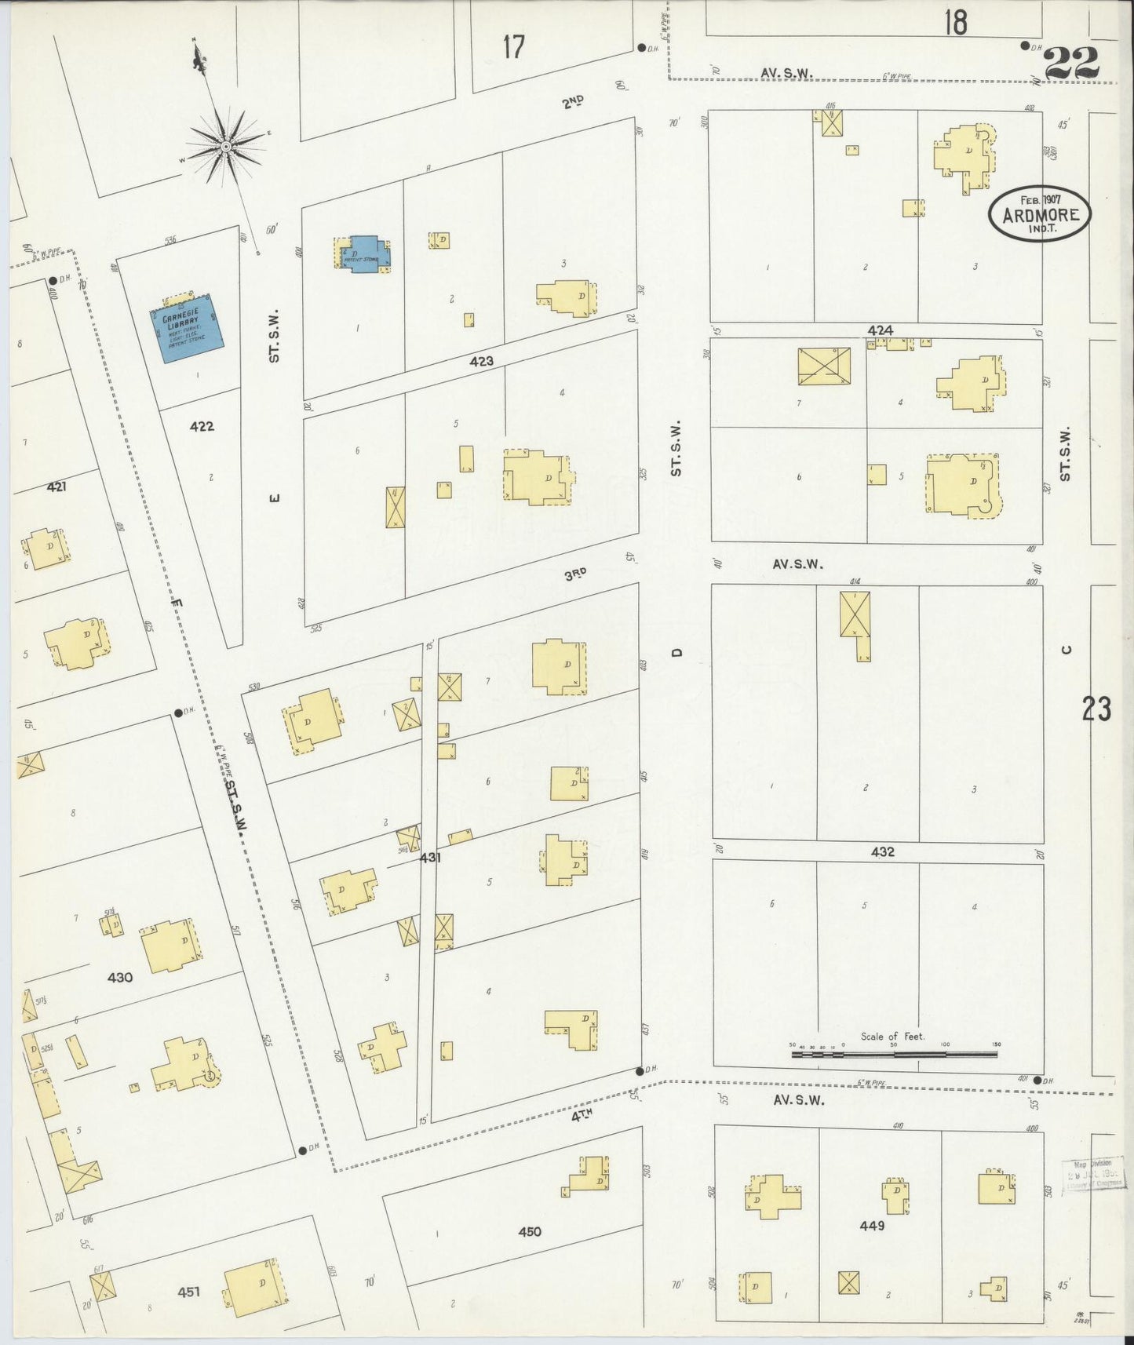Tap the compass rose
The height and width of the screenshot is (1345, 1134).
pos(226,147)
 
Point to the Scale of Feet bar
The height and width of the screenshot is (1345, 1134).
pos(894,1054)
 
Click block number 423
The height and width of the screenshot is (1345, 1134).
pos(482,361)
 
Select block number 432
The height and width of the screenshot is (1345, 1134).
pos(882,851)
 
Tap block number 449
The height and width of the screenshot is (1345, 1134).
pos(872,1226)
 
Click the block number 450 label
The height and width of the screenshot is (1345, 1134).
pos(530,1231)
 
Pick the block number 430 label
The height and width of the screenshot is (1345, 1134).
pos(120,978)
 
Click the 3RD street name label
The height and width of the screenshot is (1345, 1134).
pos(576,574)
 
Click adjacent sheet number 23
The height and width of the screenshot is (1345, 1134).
pos(1096,709)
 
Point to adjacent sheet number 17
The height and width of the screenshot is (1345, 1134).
pos(513,48)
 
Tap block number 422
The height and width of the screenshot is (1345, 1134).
pos(202,427)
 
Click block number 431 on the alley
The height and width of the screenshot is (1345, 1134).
pos(429,858)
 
